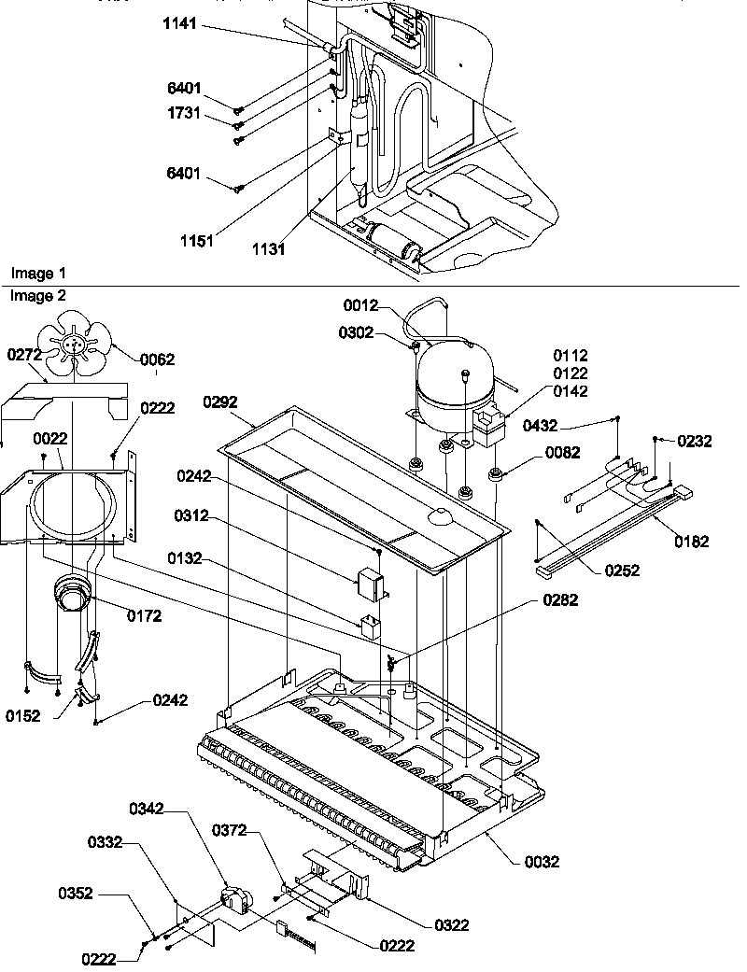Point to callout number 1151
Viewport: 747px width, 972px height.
tap(197, 240)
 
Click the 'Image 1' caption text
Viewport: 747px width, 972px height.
tap(38, 273)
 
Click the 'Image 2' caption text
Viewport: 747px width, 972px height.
tap(38, 295)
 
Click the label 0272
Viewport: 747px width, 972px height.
tap(25, 355)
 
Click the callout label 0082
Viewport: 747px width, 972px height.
tap(563, 453)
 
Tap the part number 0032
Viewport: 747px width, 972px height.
tap(542, 862)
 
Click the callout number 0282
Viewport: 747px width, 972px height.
tap(559, 600)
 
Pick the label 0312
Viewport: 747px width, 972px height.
tap(192, 515)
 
